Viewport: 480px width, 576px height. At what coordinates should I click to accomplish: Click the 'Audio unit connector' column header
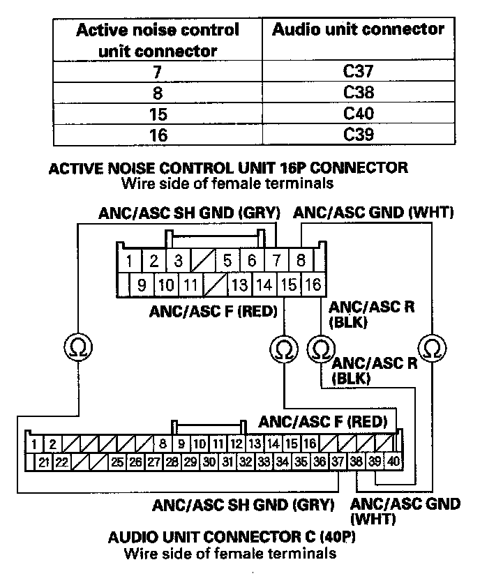[358, 29]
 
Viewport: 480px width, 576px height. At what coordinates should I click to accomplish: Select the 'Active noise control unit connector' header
[158, 40]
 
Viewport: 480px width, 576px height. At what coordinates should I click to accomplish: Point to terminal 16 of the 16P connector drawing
[313, 284]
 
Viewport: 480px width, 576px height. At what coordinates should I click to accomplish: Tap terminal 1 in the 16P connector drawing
[130, 262]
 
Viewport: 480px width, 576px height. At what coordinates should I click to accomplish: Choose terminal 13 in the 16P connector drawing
[239, 284]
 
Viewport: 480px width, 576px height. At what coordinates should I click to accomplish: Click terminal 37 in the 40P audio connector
[338, 461]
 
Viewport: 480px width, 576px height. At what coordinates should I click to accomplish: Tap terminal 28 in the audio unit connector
[172, 461]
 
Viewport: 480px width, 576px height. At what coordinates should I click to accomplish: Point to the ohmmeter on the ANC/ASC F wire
[282, 347]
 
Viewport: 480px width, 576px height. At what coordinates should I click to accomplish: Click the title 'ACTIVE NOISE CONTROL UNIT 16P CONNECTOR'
[227, 168]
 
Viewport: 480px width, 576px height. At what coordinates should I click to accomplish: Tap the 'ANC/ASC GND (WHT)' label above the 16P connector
[373, 211]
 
